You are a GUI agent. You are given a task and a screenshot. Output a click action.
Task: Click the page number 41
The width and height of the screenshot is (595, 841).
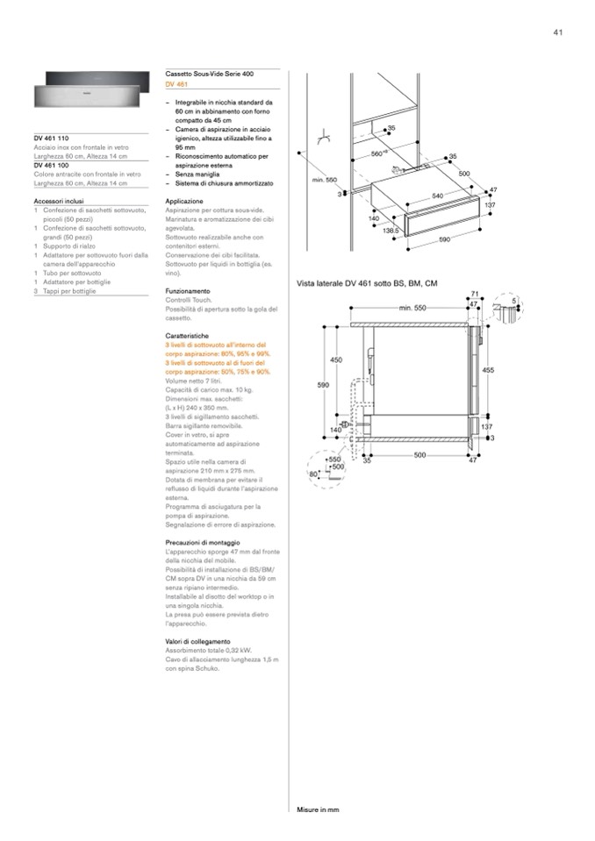(x=557, y=32)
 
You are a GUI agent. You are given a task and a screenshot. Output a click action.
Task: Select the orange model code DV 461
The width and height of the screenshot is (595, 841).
(x=176, y=84)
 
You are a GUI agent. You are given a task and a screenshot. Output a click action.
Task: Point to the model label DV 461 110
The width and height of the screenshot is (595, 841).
(x=52, y=139)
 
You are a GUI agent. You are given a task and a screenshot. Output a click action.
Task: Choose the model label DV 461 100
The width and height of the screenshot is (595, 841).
(x=52, y=165)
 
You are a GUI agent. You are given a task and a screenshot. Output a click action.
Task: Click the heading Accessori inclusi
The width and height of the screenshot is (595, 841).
(x=59, y=201)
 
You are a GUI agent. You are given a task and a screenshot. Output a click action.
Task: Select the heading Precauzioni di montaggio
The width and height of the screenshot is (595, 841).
(x=202, y=543)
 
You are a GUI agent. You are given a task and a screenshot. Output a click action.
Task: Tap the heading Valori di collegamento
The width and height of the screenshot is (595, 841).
(x=197, y=641)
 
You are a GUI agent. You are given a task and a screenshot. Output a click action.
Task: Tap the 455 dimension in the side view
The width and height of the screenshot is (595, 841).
(x=488, y=370)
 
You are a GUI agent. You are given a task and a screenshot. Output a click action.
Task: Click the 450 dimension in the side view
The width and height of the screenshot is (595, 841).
(x=336, y=360)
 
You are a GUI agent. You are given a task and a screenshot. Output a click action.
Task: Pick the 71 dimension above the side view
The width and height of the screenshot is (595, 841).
(x=474, y=294)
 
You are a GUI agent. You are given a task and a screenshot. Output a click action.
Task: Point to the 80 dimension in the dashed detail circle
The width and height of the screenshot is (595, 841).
(x=312, y=474)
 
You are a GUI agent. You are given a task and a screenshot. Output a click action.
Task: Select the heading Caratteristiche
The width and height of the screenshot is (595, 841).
(x=187, y=336)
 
